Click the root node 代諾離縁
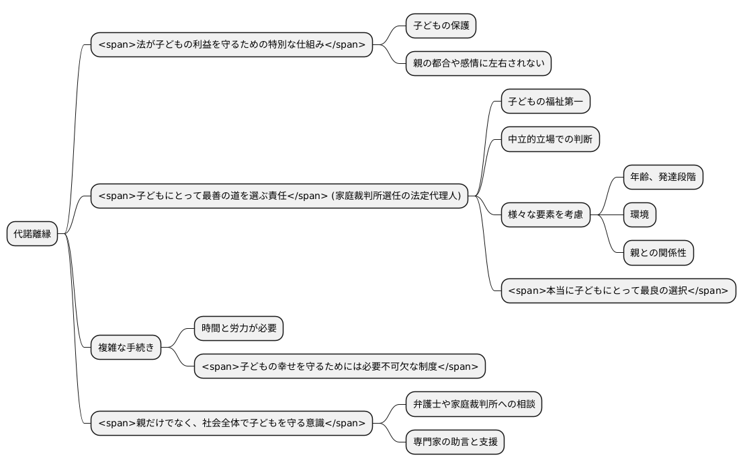coord(32,234)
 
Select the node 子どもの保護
coord(441,26)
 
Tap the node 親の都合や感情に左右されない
coord(478,64)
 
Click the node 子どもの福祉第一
coord(545,102)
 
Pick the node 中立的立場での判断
coord(550,140)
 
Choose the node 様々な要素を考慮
coord(545,215)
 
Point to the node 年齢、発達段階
coord(663,178)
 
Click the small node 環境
coord(640,215)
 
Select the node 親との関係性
coord(658,253)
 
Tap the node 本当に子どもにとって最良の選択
coord(618,291)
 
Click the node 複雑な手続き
coord(126,348)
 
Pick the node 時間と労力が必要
coord(238,329)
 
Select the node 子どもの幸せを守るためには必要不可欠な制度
coord(339,366)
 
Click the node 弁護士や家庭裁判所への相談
coord(474,404)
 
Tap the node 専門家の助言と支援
coord(455,442)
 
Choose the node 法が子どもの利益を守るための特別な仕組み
coord(232,45)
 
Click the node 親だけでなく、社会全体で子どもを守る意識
coord(232,424)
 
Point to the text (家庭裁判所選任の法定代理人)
coord(396,196)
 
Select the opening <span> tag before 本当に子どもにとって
coord(524,291)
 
